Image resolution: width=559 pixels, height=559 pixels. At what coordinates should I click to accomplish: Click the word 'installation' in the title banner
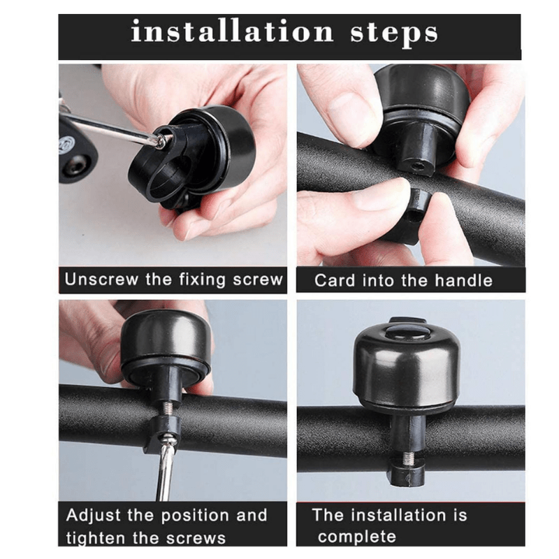[233, 31]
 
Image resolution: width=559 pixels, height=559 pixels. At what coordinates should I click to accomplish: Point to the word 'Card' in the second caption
[335, 281]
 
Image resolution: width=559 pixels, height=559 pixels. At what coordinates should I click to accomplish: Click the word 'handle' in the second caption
[463, 281]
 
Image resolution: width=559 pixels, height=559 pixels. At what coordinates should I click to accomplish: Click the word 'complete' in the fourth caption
[357, 537]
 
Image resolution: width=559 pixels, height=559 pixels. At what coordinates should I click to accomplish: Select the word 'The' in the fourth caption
[327, 515]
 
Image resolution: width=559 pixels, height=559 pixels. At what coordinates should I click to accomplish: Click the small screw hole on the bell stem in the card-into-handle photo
[414, 166]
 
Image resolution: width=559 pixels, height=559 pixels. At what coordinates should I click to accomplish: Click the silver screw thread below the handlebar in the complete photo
[407, 458]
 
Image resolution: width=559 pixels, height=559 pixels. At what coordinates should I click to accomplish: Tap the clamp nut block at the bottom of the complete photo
[407, 476]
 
